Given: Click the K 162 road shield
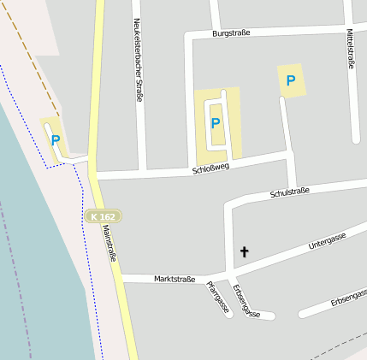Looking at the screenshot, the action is click(x=103, y=216).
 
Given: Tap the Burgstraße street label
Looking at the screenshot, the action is click(x=232, y=33).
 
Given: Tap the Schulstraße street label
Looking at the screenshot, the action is click(x=289, y=192).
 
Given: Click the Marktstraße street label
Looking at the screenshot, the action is click(x=175, y=279).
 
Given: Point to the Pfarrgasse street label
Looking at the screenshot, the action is click(x=217, y=297).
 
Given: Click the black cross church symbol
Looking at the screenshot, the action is click(x=244, y=251).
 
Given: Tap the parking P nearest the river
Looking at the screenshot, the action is click(x=56, y=140).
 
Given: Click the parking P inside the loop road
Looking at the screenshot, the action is click(x=216, y=123).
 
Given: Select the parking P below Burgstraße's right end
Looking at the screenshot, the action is click(x=291, y=81).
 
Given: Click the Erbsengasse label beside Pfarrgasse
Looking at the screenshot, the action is click(x=246, y=301).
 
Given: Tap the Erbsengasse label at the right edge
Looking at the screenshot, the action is click(x=349, y=298).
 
